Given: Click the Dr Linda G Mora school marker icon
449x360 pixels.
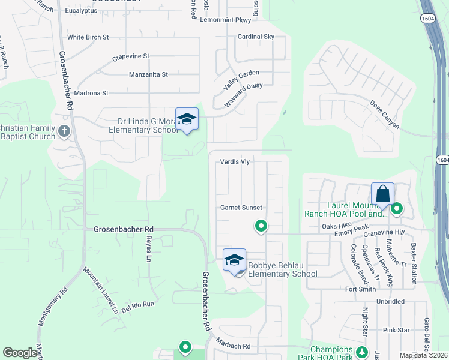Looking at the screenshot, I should pos(187,119).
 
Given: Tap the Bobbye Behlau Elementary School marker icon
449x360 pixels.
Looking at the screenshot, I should pos(234,260).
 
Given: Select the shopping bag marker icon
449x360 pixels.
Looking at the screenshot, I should pos(382,194).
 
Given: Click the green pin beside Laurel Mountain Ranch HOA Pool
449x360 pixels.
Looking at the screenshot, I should pos(397,209).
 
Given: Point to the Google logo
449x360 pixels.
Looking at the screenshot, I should pos(20,353).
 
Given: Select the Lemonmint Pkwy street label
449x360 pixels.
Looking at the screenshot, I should pos(226,20).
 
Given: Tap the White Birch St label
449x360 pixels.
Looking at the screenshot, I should pos(88,37).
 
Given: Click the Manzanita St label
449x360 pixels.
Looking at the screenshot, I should pos(148,75).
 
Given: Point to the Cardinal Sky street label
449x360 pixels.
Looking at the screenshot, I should pos(256,37).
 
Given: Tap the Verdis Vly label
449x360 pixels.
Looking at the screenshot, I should pos(235,161).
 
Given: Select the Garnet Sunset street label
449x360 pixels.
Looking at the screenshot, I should pos(240,208).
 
